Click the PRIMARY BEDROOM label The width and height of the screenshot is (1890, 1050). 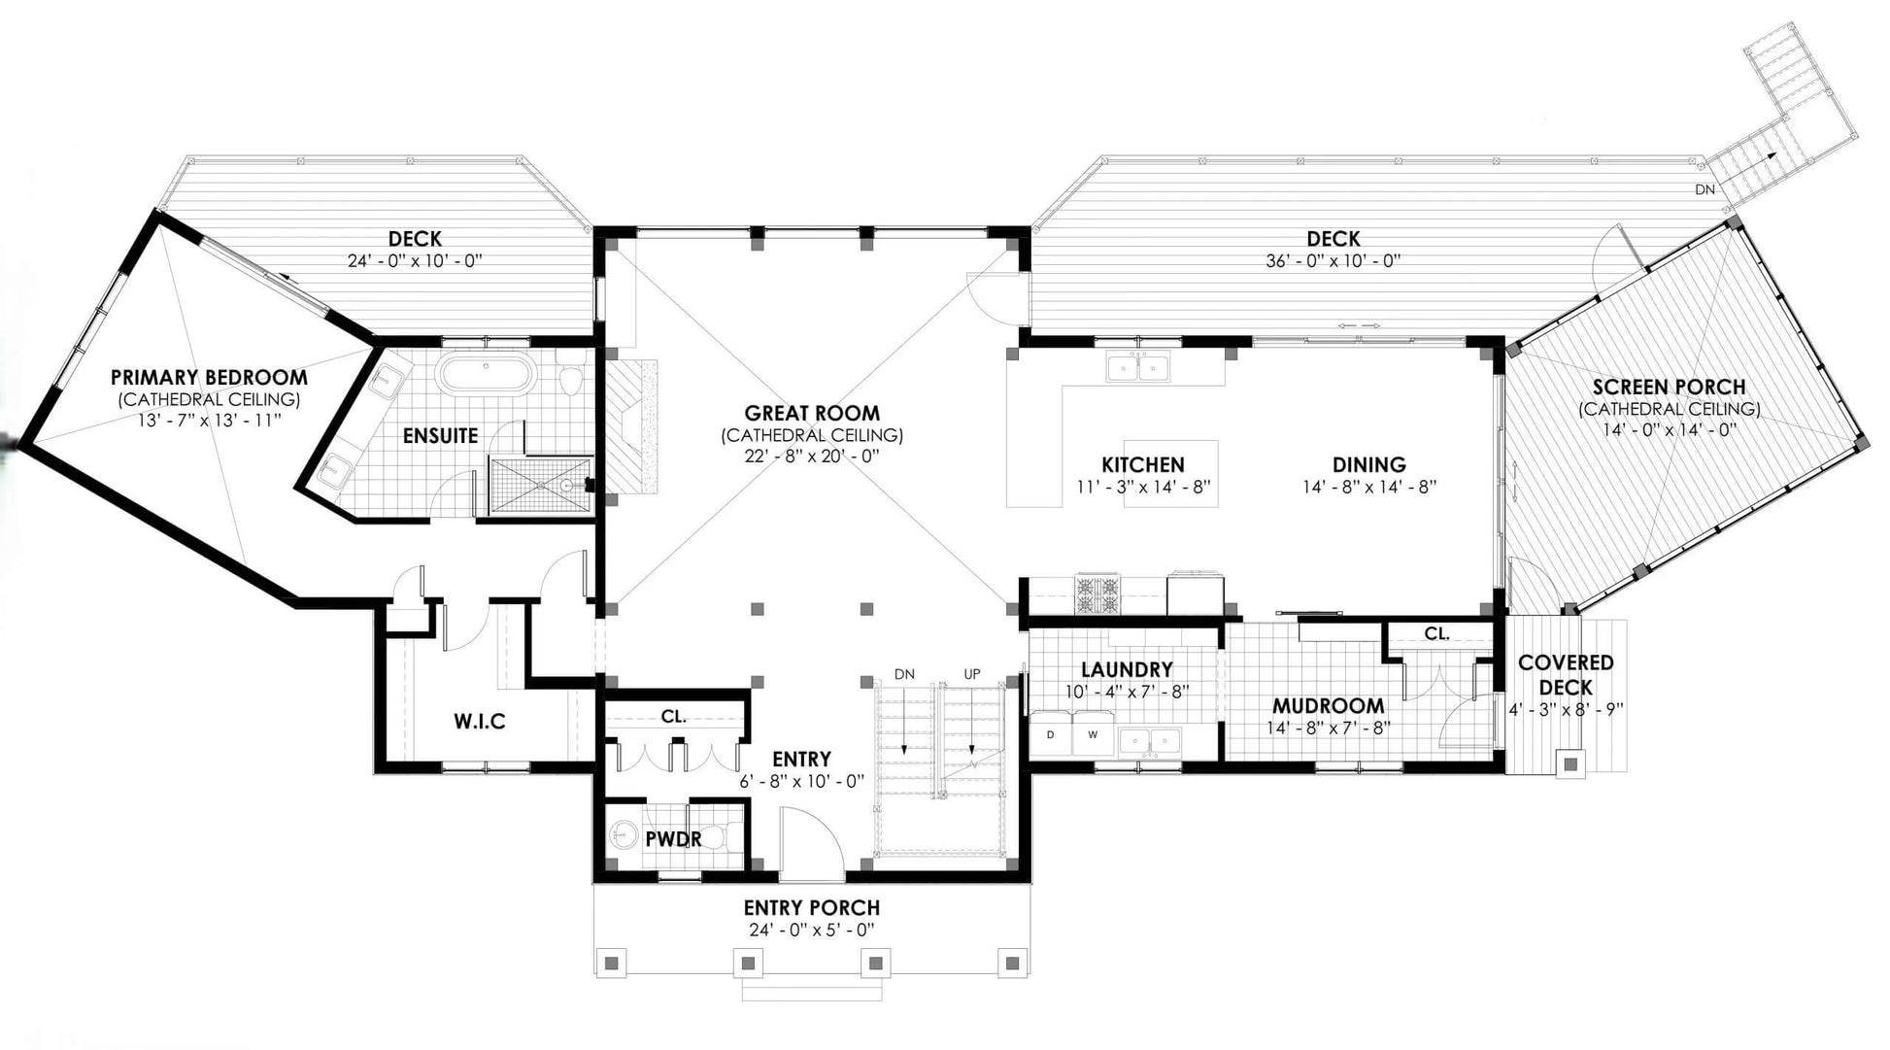click(209, 377)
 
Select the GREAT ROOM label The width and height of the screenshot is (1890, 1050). click(812, 413)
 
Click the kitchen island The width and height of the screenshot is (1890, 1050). click(1170, 475)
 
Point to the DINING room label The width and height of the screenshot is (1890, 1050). click(1368, 464)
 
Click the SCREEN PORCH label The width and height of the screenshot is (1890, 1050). click(1669, 387)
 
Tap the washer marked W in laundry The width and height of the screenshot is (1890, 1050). click(1094, 734)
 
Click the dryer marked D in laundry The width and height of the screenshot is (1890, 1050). click(1051, 734)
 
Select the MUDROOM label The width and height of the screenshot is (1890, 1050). click(1328, 706)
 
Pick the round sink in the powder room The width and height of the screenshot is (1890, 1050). click(623, 835)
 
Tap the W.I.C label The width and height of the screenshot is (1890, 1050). click(480, 722)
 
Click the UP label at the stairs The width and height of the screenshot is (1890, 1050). click(971, 674)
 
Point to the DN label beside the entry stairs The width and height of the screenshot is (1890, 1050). click(904, 674)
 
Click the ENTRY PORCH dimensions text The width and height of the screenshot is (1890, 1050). click(812, 931)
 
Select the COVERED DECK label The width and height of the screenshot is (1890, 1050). click(1566, 675)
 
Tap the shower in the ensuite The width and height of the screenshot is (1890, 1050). click(538, 486)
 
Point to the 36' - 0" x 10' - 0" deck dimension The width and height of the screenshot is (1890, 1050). click(1333, 261)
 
